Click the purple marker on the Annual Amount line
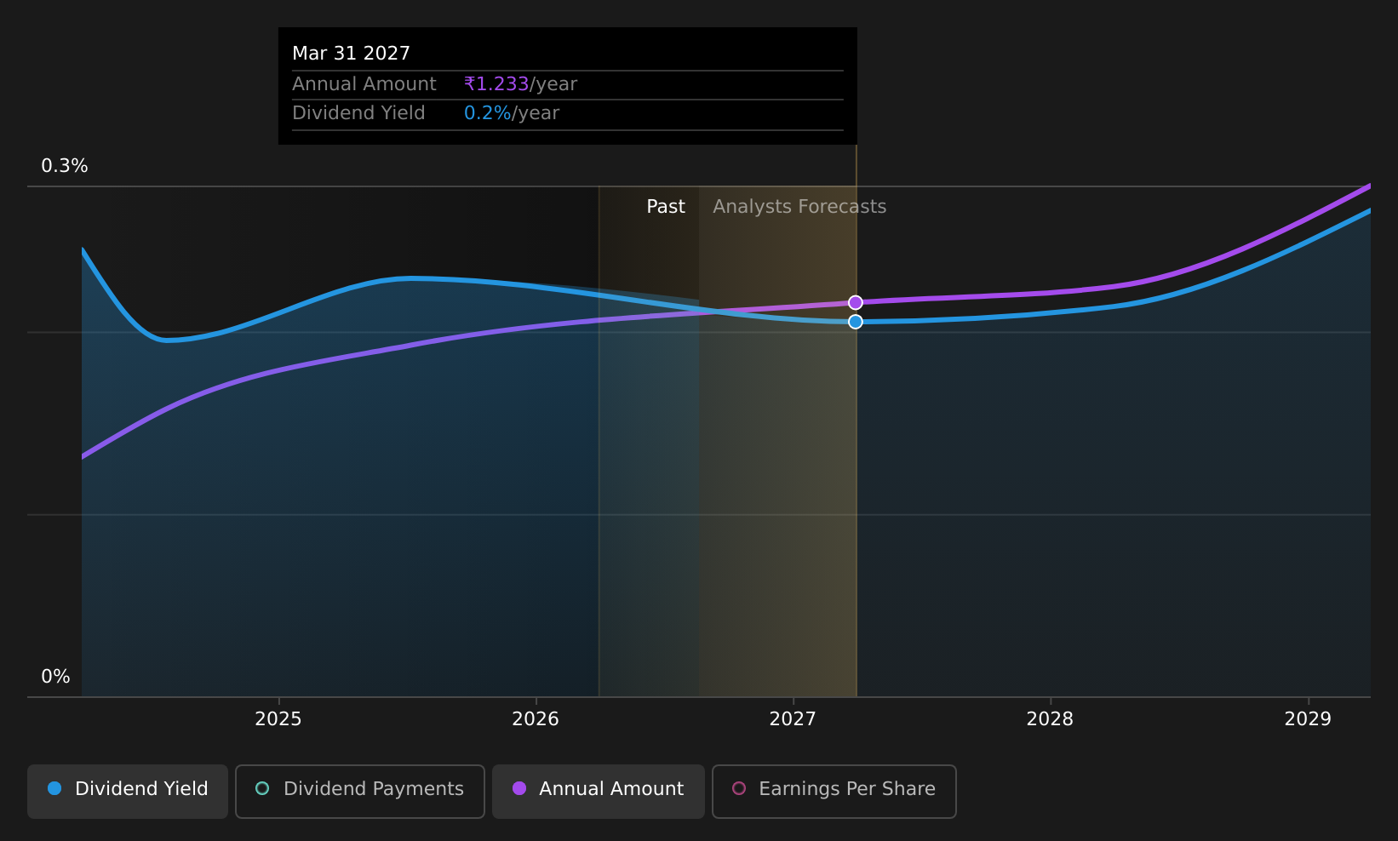click(856, 302)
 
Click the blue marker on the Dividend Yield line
click(856, 322)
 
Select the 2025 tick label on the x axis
click(278, 719)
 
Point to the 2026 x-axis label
click(536, 719)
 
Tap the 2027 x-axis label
click(793, 719)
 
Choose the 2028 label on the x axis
click(1051, 719)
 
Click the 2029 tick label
click(1308, 719)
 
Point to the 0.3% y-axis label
click(65, 166)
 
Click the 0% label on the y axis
click(55, 677)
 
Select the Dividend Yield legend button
click(128, 791)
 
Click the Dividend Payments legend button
click(360, 791)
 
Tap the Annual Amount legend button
click(599, 791)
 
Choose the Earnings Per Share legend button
click(834, 791)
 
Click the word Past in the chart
click(666, 207)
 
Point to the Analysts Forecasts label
click(799, 207)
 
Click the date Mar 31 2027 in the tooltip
click(352, 54)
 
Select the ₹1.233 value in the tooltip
click(496, 83)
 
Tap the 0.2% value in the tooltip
click(488, 113)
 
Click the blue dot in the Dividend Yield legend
click(55, 788)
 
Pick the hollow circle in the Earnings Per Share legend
click(739, 788)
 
